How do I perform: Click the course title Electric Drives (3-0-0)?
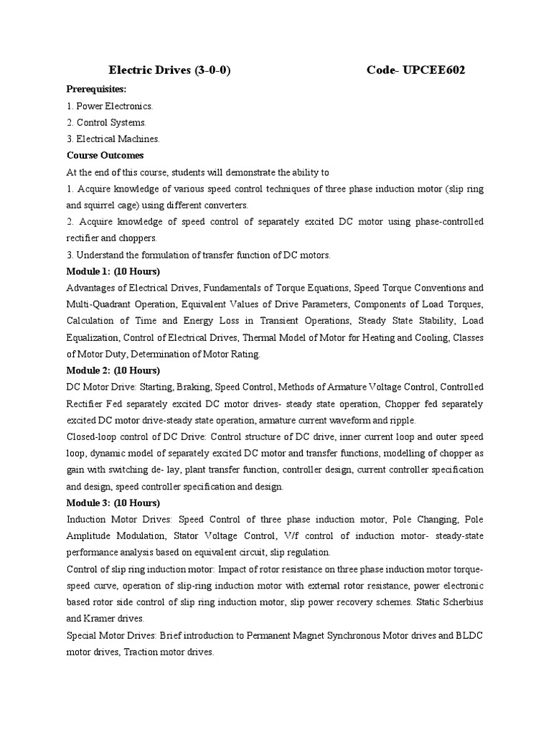pos(169,70)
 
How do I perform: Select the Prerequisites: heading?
pos(96,89)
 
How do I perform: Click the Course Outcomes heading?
pos(105,155)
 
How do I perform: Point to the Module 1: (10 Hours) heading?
pos(113,271)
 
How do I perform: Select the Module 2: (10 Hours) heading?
pos(113,370)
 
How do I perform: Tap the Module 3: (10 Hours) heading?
pos(113,502)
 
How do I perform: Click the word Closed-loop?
pos(91,436)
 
